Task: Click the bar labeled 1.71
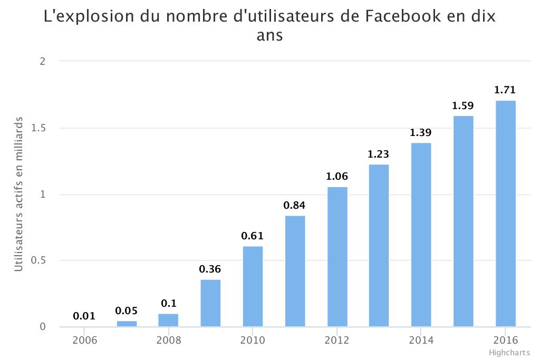click(505, 213)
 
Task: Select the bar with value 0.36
click(210, 303)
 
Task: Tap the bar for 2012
click(337, 257)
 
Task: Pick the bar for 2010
click(253, 286)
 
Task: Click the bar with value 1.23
click(379, 246)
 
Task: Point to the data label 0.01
click(84, 316)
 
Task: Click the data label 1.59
click(463, 105)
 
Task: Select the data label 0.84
click(294, 206)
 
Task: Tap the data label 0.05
click(126, 310)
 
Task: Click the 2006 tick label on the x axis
click(84, 340)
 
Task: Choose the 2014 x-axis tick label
click(421, 340)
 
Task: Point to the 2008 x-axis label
click(169, 340)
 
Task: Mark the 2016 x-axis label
click(505, 340)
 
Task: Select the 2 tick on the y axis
click(43, 61)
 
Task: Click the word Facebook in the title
click(404, 17)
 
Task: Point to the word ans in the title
click(269, 36)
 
